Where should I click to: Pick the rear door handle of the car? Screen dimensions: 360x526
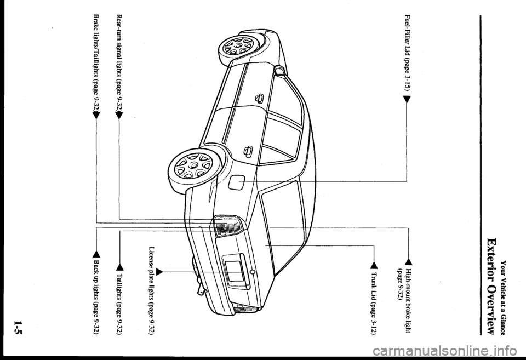pyautogui.click(x=248, y=150)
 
